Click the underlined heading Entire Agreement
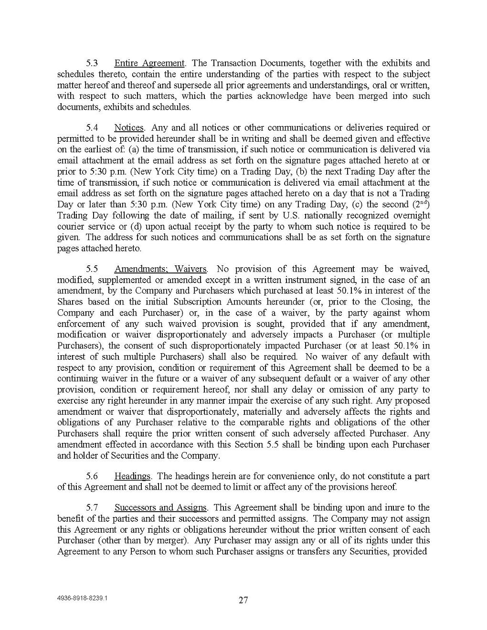coord(149,63)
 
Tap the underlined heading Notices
coord(129,128)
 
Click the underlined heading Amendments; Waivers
coord(161,269)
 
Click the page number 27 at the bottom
coord(243,600)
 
